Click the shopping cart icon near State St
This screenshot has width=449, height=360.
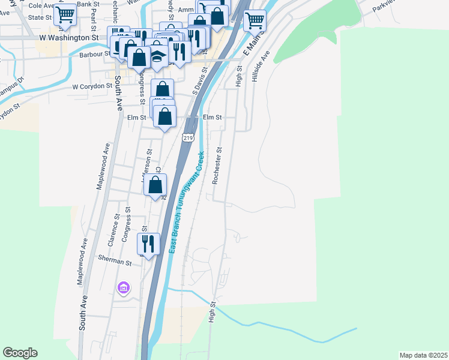[x=65, y=14]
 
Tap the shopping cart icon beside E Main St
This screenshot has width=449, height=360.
[x=255, y=20]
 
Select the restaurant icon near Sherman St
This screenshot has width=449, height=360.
[x=148, y=244]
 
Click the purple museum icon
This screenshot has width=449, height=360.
[x=124, y=289]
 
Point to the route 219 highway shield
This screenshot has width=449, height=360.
[x=189, y=137]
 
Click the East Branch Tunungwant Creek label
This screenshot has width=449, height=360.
[x=186, y=201]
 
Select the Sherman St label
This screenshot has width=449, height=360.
[x=115, y=263]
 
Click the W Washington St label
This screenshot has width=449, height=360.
[x=68, y=37]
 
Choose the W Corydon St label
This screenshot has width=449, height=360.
[x=92, y=86]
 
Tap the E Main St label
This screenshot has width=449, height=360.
[x=250, y=44]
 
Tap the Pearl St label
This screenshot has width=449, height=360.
[x=94, y=20]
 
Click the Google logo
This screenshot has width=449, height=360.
[x=20, y=353]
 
